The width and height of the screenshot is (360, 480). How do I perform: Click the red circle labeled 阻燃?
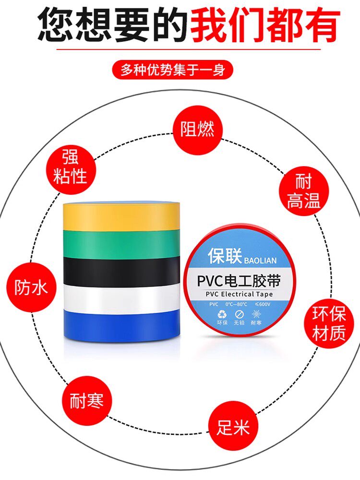[197, 129]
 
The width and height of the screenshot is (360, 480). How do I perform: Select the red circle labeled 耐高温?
[304, 191]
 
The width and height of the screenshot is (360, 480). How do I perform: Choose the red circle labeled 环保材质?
[329, 324]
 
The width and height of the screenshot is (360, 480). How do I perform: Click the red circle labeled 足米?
[234, 426]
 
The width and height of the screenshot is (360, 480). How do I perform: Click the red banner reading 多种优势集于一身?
[172, 70]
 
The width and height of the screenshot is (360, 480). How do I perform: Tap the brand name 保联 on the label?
[225, 257]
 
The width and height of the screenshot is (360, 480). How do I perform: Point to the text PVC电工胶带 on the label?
[239, 280]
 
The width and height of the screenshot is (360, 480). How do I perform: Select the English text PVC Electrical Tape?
[239, 294]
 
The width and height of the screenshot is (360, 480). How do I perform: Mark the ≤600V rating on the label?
[263, 304]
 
